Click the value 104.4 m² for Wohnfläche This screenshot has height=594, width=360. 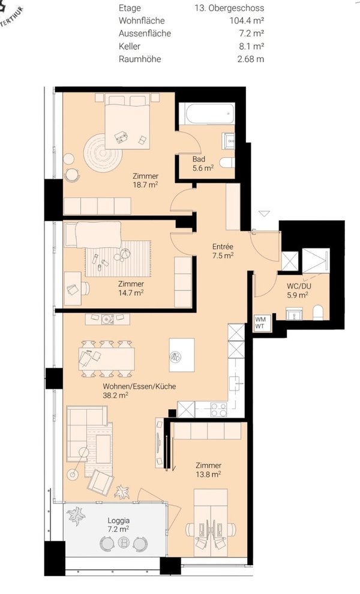pyautogui.click(x=247, y=20)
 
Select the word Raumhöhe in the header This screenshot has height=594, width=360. pyautogui.click(x=140, y=59)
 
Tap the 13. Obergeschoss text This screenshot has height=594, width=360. pyautogui.click(x=229, y=8)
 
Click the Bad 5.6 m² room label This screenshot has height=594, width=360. pyautogui.click(x=203, y=164)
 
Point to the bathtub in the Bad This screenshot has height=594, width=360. pyautogui.click(x=206, y=113)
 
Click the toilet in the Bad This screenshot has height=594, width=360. pyautogui.click(x=227, y=163)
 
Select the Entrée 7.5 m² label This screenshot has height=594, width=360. pyautogui.click(x=223, y=251)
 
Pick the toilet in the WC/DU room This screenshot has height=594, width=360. pyautogui.click(x=318, y=313)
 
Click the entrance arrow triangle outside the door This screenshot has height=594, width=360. pyautogui.click(x=264, y=214)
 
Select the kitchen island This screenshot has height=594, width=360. pyautogui.click(x=182, y=355)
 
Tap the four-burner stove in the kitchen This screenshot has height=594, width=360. pyautogui.click(x=218, y=410)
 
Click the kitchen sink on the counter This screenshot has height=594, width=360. pyautogui.click(x=236, y=383)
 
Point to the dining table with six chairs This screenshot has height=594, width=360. pyautogui.click(x=106, y=359)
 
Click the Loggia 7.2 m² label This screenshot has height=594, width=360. pyautogui.click(x=119, y=524)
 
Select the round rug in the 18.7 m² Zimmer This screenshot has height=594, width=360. pyautogui.click(x=103, y=154)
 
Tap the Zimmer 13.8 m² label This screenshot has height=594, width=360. pyautogui.click(x=208, y=469)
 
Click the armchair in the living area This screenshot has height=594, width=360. pyautogui.click(x=100, y=482)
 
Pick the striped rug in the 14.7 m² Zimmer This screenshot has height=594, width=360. pyautogui.click(x=118, y=259)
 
